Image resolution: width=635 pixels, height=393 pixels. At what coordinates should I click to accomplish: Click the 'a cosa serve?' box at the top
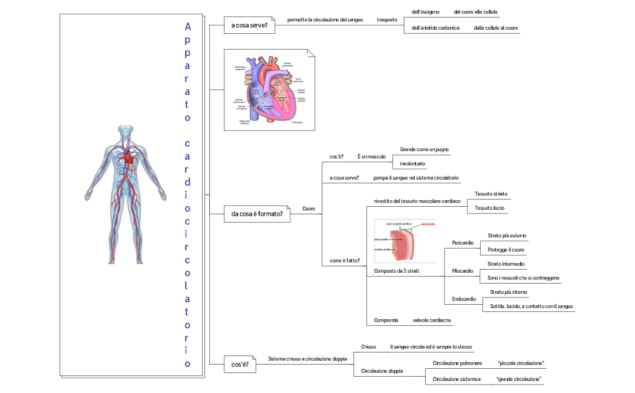click(249, 25)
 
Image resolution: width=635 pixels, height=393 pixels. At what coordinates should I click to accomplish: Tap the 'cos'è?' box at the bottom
click(240, 365)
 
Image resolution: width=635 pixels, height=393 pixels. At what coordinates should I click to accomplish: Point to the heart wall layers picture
click(405, 241)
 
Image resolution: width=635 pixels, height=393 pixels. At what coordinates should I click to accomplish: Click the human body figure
click(126, 193)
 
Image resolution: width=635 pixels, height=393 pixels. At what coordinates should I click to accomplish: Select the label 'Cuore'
click(308, 209)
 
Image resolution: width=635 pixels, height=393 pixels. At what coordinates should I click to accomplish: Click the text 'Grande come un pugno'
click(425, 149)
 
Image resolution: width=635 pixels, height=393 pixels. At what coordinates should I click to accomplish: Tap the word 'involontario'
click(413, 163)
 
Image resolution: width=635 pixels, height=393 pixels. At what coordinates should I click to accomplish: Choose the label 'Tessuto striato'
click(491, 193)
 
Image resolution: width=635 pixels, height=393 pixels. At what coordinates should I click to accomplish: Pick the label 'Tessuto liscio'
click(490, 208)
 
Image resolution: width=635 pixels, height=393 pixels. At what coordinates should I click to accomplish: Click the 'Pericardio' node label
click(463, 242)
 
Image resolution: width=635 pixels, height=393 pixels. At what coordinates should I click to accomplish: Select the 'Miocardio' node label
click(463, 271)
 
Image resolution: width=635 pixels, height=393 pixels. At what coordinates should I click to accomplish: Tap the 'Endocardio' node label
click(464, 299)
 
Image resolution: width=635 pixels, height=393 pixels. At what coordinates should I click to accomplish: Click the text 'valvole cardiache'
click(432, 320)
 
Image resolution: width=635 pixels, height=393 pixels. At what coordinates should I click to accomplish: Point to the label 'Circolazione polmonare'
click(458, 363)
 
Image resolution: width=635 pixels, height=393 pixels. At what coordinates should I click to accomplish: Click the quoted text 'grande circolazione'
click(518, 379)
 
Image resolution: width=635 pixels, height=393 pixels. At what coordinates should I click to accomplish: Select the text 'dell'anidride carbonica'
click(435, 28)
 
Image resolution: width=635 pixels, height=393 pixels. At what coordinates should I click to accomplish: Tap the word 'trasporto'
click(387, 20)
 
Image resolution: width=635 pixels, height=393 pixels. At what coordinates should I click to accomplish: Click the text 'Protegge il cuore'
click(506, 250)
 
